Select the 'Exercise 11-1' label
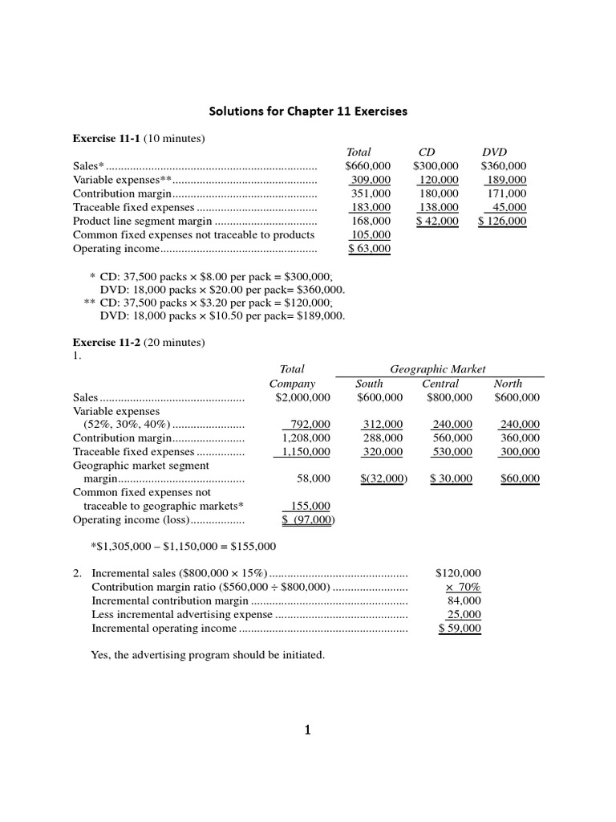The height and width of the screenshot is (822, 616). [107, 139]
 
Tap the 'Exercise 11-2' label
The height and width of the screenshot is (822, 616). [107, 343]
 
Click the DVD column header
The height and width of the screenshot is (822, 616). [494, 152]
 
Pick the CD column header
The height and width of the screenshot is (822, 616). [427, 152]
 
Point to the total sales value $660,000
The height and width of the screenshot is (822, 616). [367, 166]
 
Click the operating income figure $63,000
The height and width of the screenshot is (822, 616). [369, 249]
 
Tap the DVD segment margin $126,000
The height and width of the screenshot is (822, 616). [502, 221]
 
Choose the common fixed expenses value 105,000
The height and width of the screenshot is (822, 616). [371, 235]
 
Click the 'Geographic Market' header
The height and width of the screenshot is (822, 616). [438, 369]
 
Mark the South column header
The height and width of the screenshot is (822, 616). [369, 384]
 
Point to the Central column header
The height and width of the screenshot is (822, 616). [440, 384]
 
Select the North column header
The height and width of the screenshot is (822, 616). [508, 384]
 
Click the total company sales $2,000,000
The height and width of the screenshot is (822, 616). [302, 397]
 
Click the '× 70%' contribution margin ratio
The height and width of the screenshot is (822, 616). [463, 587]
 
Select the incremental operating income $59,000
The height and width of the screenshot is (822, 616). [460, 629]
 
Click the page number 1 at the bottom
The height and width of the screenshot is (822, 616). [307, 730]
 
